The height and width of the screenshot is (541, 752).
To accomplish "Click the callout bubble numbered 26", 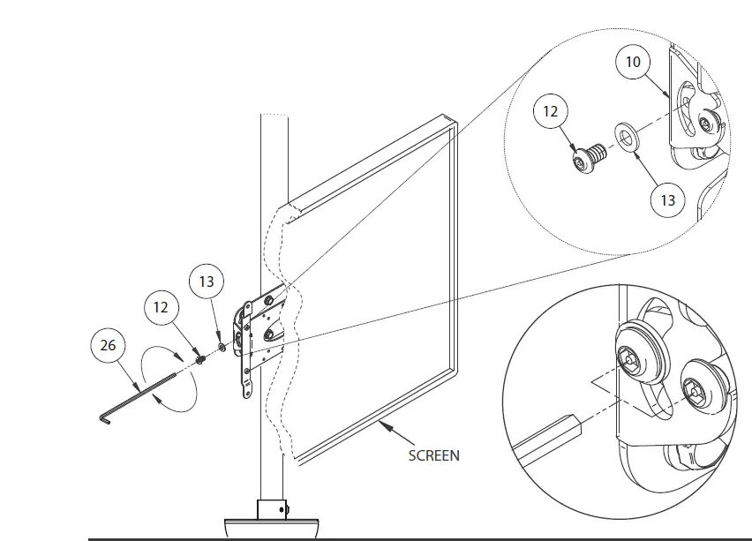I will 108,346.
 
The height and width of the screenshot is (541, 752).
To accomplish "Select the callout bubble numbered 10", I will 634,63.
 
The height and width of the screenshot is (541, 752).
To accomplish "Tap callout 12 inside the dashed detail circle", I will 551,113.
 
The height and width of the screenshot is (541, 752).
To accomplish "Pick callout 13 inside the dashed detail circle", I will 667,200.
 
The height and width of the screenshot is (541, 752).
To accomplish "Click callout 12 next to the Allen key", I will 162,308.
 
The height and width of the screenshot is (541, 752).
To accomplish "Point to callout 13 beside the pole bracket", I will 207,282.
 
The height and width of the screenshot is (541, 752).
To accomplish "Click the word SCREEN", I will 433,456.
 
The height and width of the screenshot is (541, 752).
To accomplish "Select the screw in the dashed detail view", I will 586,162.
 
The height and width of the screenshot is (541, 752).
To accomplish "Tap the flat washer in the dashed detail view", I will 628,138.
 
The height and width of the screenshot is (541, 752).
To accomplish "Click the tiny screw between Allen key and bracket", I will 201,358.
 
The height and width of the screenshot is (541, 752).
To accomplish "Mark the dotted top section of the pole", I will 274,159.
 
